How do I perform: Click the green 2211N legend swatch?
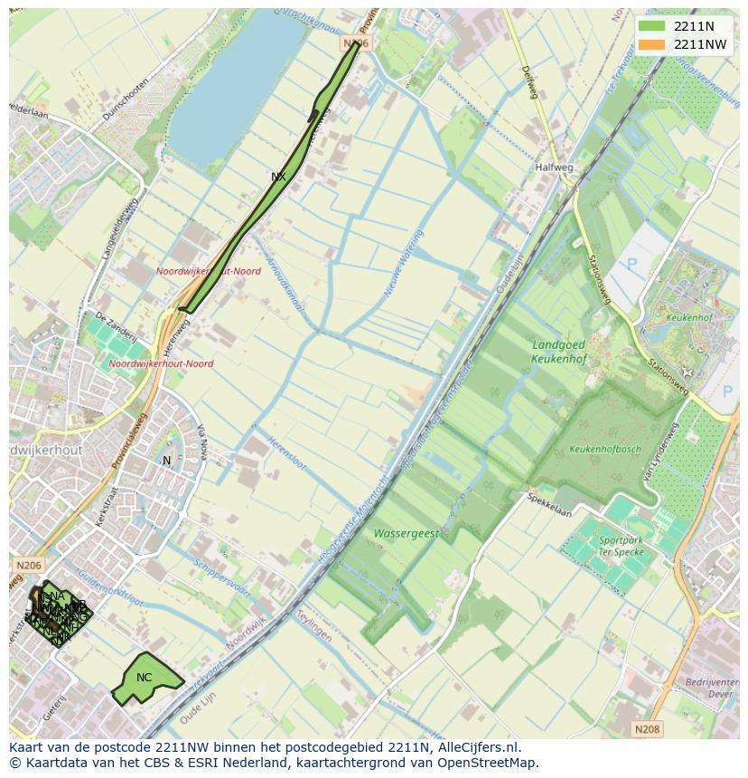point(650,26)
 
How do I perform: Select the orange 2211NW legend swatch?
point(650,44)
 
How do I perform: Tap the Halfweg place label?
point(554,167)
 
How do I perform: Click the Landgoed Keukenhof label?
point(558,352)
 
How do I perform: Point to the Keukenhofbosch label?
point(605,449)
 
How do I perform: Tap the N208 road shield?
point(646,728)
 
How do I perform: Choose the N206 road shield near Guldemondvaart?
point(28,565)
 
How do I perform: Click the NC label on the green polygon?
point(145,678)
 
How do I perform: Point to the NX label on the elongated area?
point(278,177)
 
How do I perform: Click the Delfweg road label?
point(530,82)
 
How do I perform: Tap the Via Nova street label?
point(202,443)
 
